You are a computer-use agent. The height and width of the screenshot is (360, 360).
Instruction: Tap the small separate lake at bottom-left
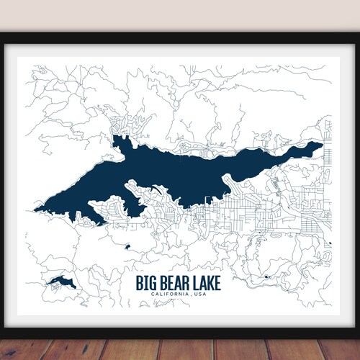tap(60, 281)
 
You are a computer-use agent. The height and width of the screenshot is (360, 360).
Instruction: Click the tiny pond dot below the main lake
tap(127, 246)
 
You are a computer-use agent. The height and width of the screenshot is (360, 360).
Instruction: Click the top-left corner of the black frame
tap(3, 35)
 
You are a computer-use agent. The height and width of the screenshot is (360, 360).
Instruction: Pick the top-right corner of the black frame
tap(357, 35)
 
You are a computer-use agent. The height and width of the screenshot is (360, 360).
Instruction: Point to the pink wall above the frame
tap(180, 14)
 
